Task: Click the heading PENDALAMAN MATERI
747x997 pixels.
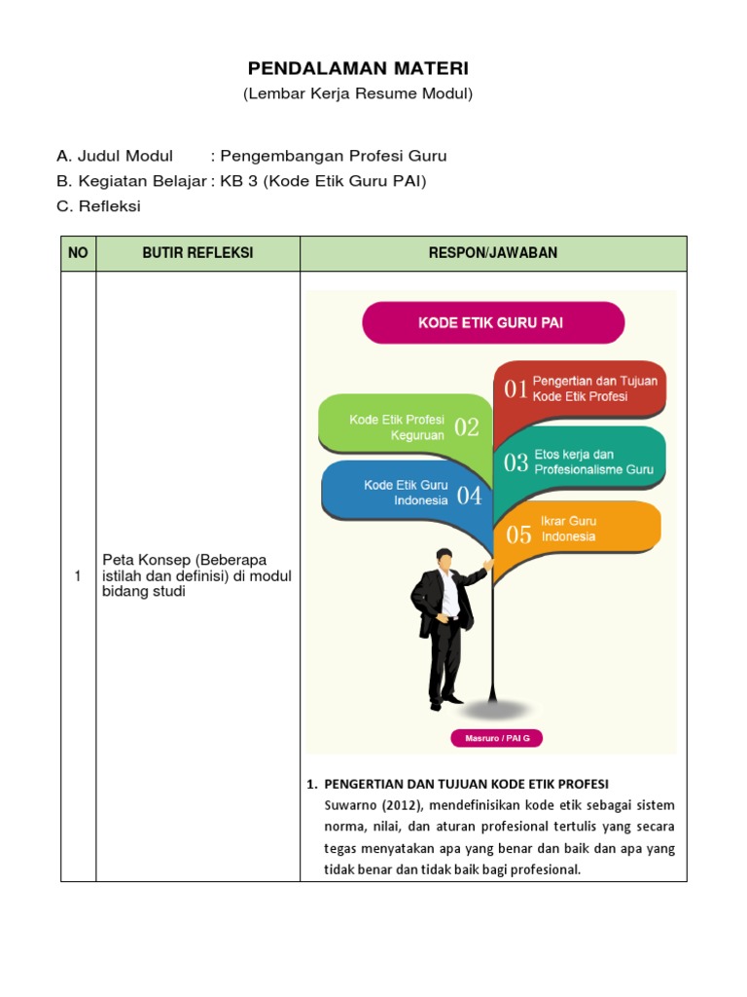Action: click(x=358, y=68)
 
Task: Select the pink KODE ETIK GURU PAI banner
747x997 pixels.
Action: click(x=492, y=323)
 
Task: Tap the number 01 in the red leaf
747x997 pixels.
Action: click(x=516, y=389)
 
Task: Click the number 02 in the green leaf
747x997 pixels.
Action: click(x=467, y=427)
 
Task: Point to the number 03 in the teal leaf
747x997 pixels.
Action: click(x=516, y=462)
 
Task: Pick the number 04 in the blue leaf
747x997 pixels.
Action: click(x=469, y=496)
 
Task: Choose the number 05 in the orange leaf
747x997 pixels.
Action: click(x=518, y=534)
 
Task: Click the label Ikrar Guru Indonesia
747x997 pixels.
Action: click(x=569, y=529)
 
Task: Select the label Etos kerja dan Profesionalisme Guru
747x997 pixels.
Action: click(x=593, y=462)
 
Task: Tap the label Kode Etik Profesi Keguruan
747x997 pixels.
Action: click(x=397, y=427)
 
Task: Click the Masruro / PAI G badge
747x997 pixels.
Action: click(x=496, y=738)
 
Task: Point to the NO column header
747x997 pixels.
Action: click(x=78, y=253)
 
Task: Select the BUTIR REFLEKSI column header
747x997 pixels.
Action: click(x=197, y=253)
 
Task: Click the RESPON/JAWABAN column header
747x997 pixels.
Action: click(x=493, y=253)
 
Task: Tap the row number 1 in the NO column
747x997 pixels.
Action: click(x=78, y=577)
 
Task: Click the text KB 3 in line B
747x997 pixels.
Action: click(x=234, y=181)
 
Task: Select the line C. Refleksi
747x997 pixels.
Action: click(x=98, y=206)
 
